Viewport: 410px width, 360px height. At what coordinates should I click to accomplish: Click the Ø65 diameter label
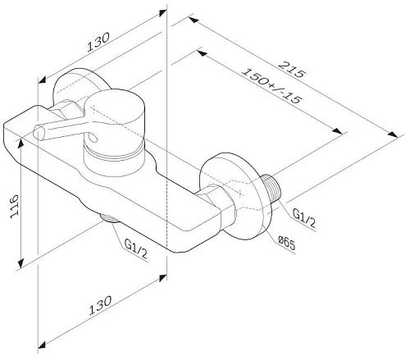pos(286,240)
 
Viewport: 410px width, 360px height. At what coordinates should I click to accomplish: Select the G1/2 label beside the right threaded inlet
pos(302,216)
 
